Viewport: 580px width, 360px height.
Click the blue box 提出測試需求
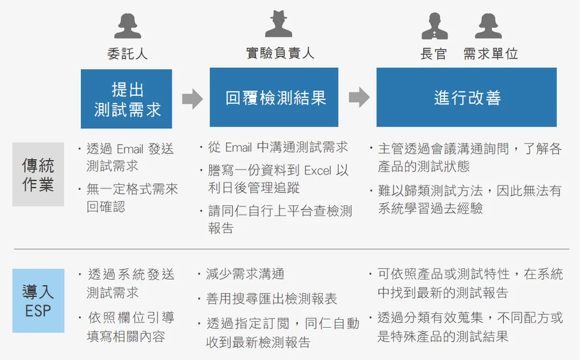point(127,99)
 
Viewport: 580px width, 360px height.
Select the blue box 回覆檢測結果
point(274,97)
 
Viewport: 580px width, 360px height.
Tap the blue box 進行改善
point(467,97)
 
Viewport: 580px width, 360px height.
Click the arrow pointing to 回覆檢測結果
point(192,98)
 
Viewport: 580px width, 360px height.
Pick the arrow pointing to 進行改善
point(359,97)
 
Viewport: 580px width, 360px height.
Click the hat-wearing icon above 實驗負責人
point(279,24)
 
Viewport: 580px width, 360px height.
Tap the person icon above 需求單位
point(488,26)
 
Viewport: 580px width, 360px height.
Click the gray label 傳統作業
point(38,174)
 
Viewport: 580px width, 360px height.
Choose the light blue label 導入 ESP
point(38,301)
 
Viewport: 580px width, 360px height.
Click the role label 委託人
point(128,54)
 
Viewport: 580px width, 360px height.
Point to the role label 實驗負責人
point(280,53)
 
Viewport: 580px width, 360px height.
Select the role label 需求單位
point(490,54)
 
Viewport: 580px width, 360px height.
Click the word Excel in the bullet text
point(318,170)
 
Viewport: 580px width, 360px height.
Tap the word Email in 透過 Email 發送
point(130,149)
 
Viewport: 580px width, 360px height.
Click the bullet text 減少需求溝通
point(245,274)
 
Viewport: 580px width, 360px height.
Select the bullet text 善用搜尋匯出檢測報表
point(272,299)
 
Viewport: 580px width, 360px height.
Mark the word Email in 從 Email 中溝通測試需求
point(238,148)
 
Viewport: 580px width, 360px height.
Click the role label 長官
point(433,54)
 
